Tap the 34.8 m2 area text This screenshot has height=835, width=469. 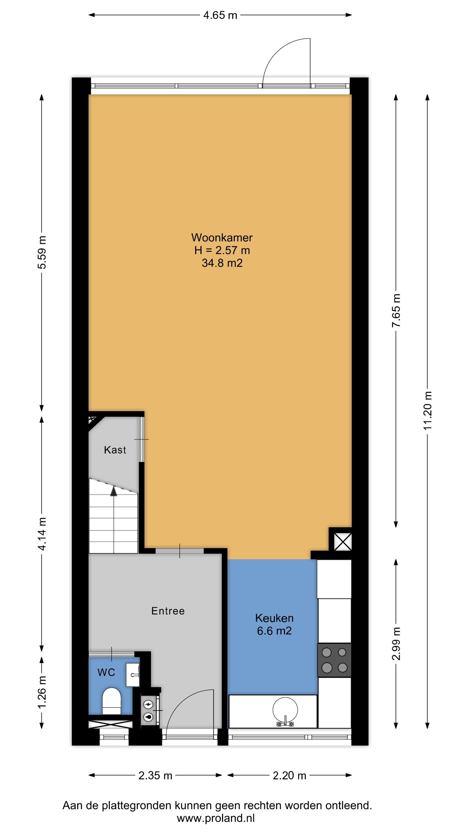(x=222, y=263)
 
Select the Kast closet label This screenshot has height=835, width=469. (x=115, y=450)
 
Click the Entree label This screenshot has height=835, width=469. (x=168, y=611)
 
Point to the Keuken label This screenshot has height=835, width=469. (x=274, y=618)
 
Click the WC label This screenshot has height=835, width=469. (x=106, y=673)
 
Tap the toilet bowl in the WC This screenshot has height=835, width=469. (x=112, y=701)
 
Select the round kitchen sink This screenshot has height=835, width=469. (x=285, y=710)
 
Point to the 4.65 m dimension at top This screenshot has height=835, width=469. (x=220, y=15)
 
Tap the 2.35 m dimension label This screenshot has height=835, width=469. (x=155, y=776)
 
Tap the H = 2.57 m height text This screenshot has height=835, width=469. (x=222, y=250)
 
